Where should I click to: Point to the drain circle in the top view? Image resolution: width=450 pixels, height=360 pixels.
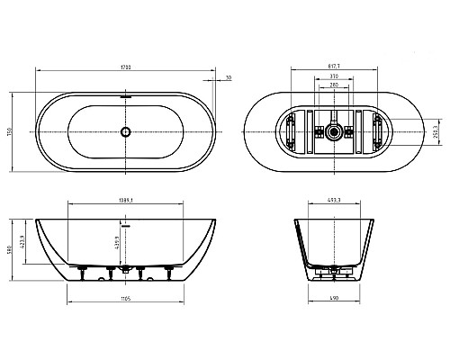(x=126, y=131)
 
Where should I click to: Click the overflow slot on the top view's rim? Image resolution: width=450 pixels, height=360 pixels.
(x=126, y=94)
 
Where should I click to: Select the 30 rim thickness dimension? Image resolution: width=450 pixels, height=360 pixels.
(x=229, y=78)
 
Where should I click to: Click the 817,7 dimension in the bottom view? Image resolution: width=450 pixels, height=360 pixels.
(x=336, y=67)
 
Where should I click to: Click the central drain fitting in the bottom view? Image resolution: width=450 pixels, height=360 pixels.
(x=336, y=131)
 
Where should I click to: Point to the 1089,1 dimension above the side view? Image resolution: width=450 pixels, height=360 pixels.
(x=126, y=201)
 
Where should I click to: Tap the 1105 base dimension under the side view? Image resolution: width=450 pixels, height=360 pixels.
(x=126, y=298)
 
